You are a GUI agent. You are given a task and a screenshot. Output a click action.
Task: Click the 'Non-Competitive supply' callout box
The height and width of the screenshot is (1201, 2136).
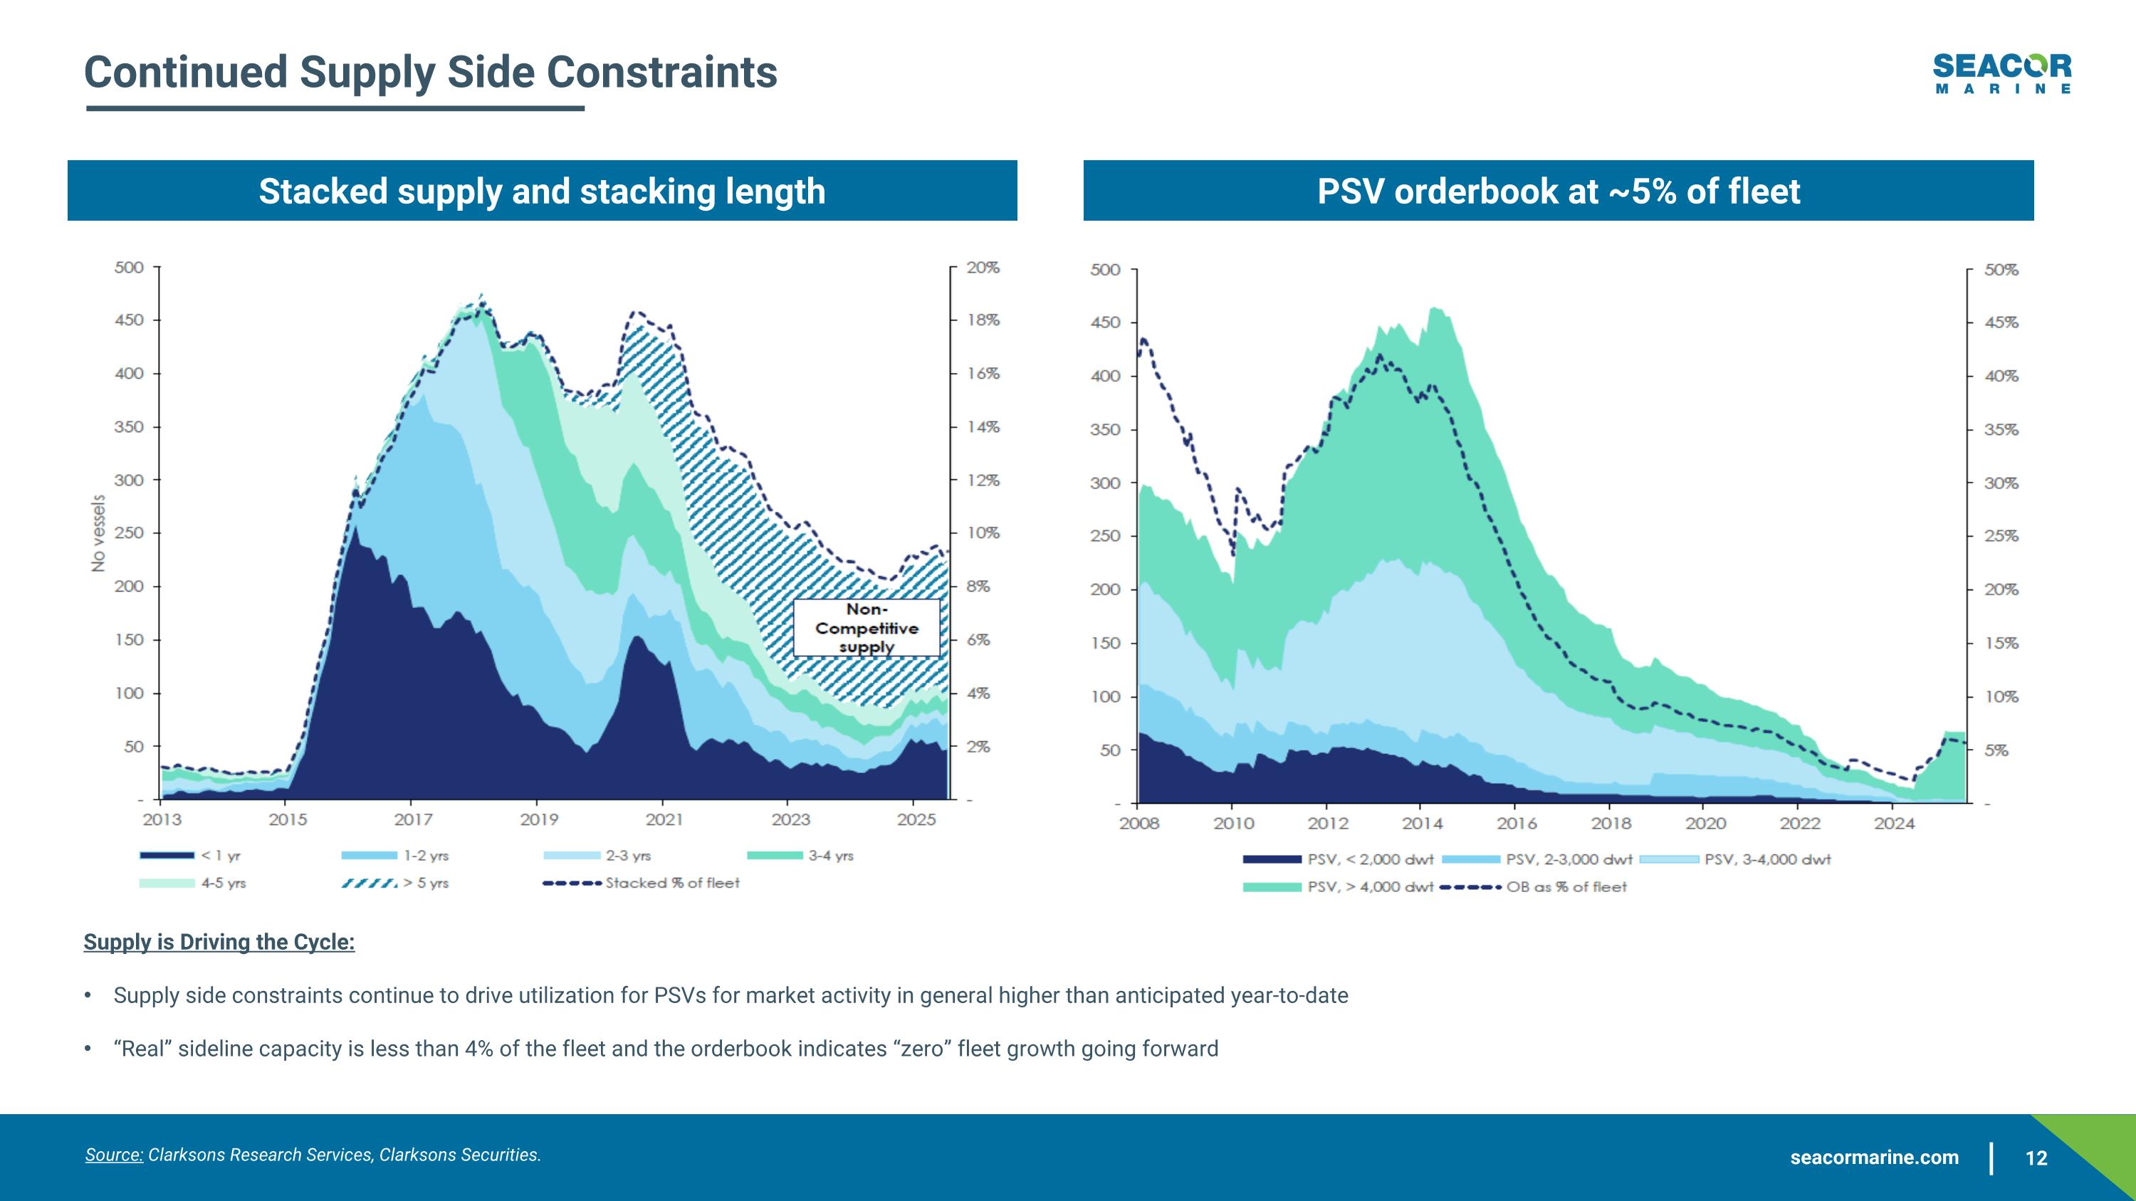click(867, 627)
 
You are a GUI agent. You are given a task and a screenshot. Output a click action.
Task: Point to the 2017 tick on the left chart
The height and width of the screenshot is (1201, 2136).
click(413, 819)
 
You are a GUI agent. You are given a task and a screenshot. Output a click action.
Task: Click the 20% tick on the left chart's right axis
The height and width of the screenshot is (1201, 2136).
click(983, 268)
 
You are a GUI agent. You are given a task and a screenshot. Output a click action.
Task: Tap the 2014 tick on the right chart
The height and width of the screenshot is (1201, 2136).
click(1422, 823)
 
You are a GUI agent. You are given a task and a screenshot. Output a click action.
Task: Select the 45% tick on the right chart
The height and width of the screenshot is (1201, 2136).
click(2001, 322)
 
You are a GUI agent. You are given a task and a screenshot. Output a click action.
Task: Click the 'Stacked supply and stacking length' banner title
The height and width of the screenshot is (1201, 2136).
click(543, 191)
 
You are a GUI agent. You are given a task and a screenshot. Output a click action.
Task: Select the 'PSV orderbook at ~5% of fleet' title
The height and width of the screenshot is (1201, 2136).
click(1558, 191)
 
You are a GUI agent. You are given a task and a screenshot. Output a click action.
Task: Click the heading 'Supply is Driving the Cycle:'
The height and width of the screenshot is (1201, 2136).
click(219, 942)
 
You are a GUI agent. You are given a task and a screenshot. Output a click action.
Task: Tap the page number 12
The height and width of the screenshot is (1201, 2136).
click(2036, 1158)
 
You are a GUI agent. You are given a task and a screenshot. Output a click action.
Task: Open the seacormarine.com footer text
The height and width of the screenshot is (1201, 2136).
click(1874, 1158)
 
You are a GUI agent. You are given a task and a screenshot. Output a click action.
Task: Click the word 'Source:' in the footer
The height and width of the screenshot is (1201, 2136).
click(114, 1155)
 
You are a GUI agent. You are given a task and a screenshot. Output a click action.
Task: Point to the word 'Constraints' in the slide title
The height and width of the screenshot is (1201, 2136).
click(661, 72)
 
